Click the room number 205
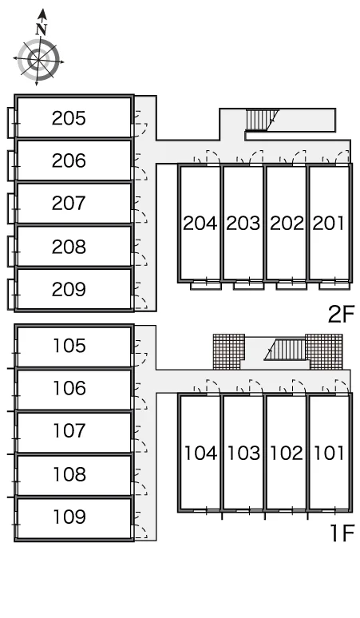[69, 118]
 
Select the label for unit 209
[69, 289]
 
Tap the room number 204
[200, 224]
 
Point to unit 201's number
[329, 224]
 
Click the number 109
[69, 517]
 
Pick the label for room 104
[200, 454]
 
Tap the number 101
[329, 454]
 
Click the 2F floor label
[342, 314]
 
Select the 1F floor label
[342, 533]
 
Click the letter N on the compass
[41, 30]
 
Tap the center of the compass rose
[38, 60]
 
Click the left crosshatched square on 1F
[229, 351]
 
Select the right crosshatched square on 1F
[324, 351]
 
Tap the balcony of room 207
[11, 204]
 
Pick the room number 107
[69, 431]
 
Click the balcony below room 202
[291, 286]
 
